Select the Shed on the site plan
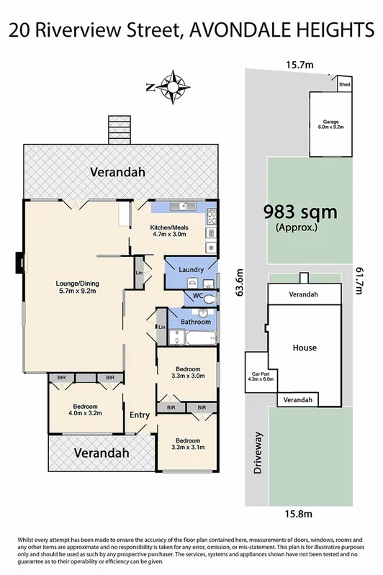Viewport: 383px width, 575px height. [x=345, y=85]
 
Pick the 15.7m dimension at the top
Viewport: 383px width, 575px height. [x=300, y=65]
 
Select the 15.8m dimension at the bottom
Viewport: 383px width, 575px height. [x=299, y=514]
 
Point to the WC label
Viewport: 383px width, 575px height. [x=197, y=296]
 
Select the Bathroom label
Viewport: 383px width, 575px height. [x=196, y=322]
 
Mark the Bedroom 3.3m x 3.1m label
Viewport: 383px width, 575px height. [x=187, y=443]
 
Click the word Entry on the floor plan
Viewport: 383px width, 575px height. [x=140, y=415]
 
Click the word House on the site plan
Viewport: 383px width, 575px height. [x=304, y=348]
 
